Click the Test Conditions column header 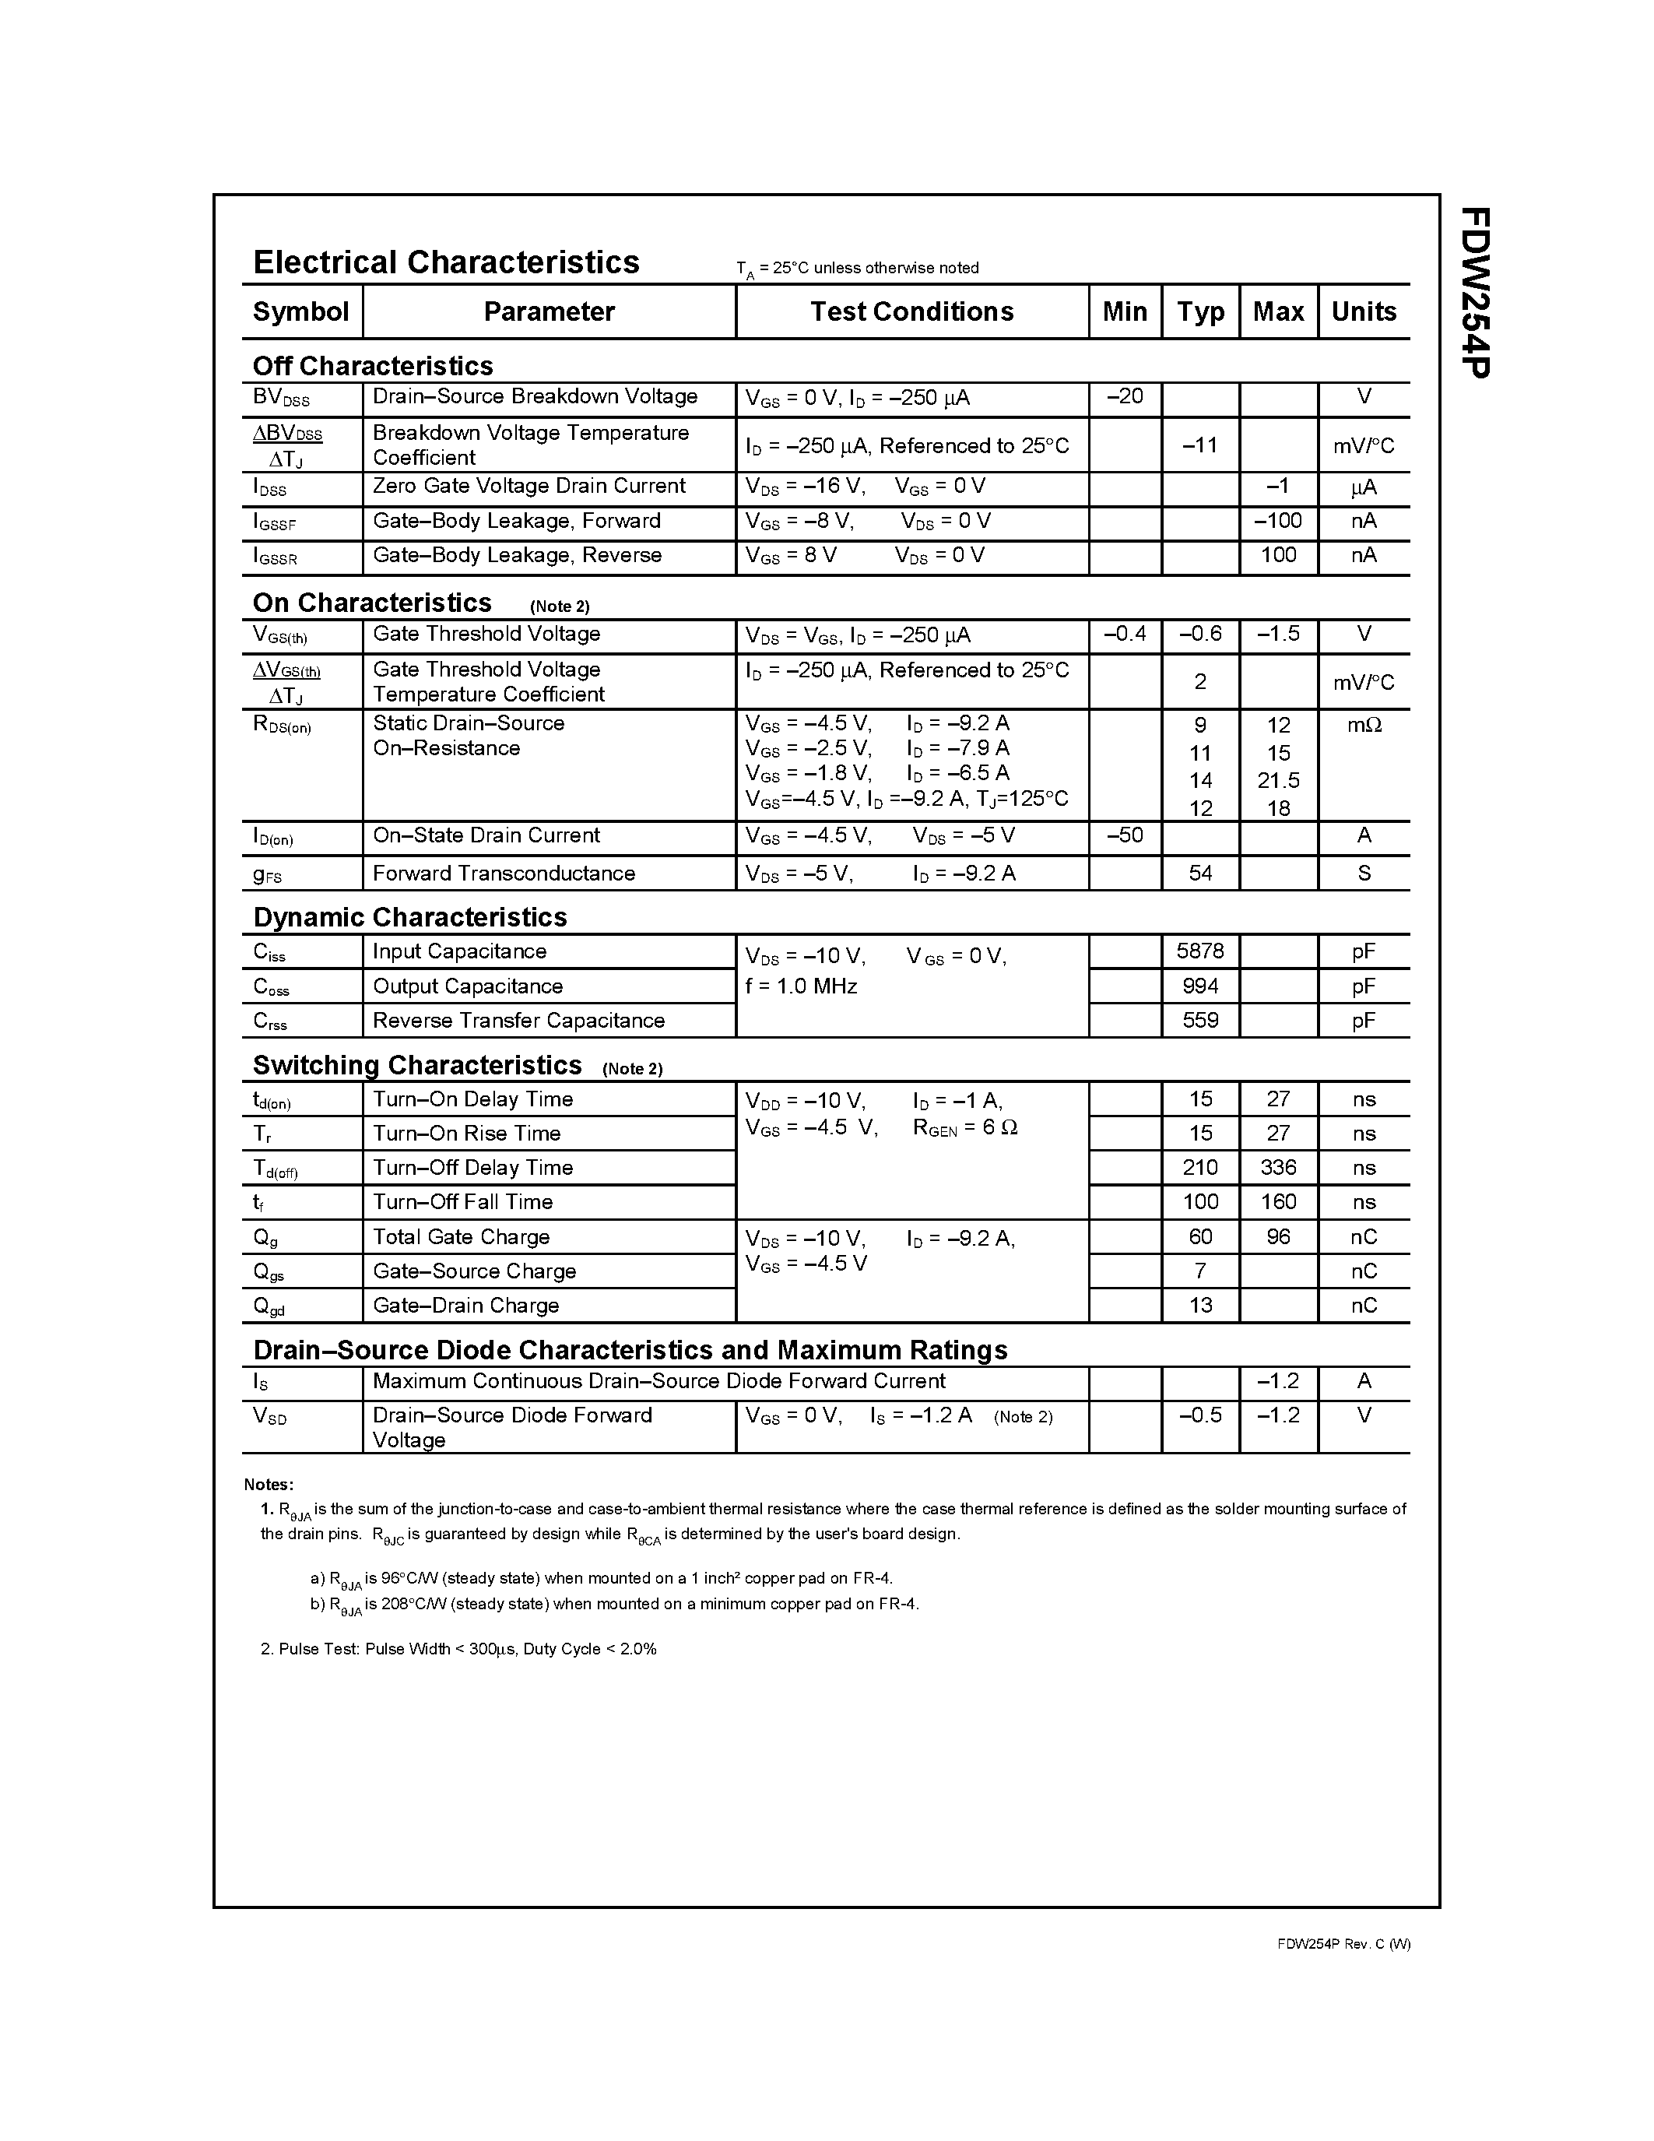click(911, 311)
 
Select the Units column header click(1363, 311)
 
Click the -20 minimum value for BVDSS click(1124, 396)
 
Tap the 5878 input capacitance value click(1199, 951)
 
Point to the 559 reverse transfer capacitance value click(1199, 1021)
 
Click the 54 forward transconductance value click(1199, 874)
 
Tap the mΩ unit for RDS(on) click(1363, 726)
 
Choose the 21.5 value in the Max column click(1278, 780)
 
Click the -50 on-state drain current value click(1124, 835)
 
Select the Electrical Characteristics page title click(446, 262)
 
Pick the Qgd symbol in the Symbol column click(269, 1306)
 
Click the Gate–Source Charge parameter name click(474, 1271)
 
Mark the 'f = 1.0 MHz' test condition click(801, 986)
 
